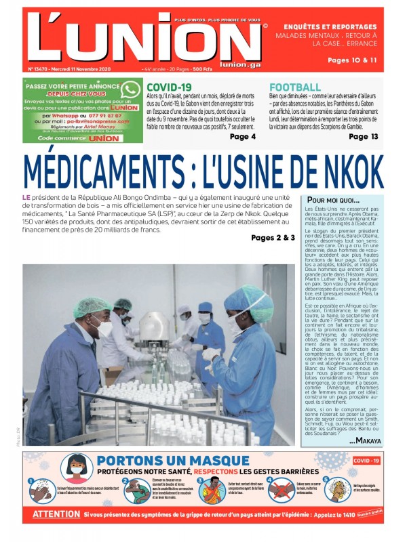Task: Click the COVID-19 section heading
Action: click(x=170, y=87)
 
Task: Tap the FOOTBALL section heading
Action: click(x=295, y=87)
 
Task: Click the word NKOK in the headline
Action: click(x=345, y=171)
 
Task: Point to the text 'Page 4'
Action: click(x=243, y=137)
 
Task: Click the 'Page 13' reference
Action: click(x=364, y=137)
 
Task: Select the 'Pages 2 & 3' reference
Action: click(x=273, y=238)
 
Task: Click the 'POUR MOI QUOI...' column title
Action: click(x=334, y=201)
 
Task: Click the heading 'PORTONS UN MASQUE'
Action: click(x=164, y=461)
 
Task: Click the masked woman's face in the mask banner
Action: click(x=77, y=470)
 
